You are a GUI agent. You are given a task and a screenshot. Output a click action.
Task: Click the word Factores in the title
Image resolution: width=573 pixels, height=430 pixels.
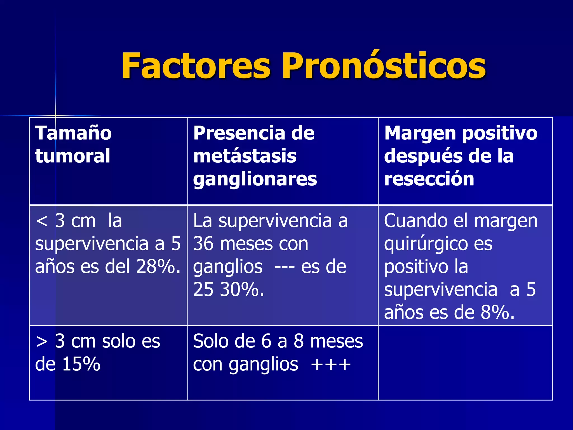(x=196, y=66)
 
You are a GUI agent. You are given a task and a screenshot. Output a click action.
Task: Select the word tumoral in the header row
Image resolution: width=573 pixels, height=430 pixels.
(x=73, y=156)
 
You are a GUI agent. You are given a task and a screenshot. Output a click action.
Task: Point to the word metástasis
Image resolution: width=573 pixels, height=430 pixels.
(x=245, y=156)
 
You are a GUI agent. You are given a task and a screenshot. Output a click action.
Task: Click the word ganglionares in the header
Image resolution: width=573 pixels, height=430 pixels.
(x=255, y=179)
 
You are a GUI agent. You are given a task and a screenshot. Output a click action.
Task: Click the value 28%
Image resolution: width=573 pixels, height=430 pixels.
(x=158, y=267)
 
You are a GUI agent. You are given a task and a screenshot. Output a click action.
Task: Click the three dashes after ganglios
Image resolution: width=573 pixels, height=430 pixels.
(x=284, y=267)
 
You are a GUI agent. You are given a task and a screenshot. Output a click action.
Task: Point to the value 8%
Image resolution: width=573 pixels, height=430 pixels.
(x=497, y=312)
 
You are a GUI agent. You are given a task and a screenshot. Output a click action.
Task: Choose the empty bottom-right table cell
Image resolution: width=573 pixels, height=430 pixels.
(x=465, y=363)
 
